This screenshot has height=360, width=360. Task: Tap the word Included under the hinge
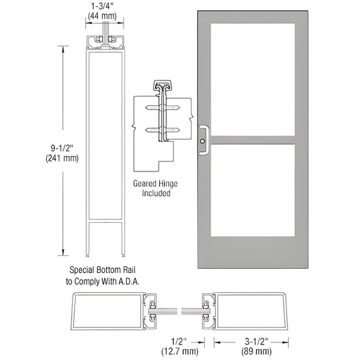coord(157,193)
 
